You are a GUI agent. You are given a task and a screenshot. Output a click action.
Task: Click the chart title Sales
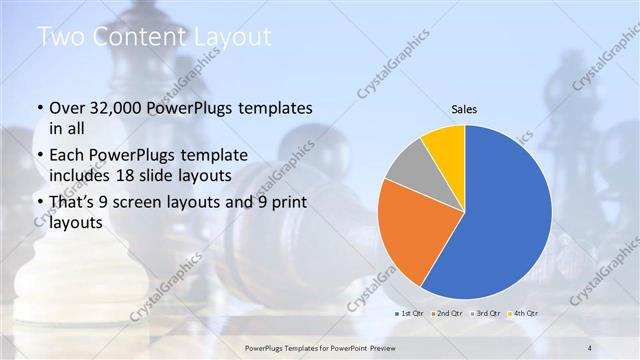pos(464,108)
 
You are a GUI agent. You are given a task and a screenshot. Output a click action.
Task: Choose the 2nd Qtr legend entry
pos(447,313)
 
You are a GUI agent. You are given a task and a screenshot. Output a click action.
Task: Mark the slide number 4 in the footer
pos(590,347)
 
